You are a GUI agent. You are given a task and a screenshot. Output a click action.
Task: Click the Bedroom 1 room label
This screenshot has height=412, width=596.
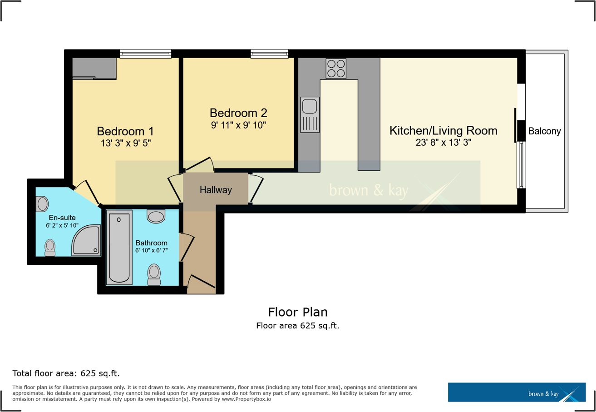(x=125, y=131)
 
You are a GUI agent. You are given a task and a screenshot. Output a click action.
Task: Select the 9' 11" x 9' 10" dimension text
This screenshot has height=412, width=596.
(x=238, y=125)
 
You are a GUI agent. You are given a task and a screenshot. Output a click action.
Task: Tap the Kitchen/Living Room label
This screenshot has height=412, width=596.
(x=443, y=131)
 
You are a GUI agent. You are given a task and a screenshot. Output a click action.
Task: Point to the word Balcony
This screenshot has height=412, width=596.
(x=544, y=131)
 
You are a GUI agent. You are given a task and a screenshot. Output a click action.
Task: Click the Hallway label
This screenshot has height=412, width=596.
(x=216, y=190)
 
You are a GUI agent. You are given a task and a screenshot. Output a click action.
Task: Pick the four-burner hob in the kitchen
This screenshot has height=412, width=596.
(x=336, y=69)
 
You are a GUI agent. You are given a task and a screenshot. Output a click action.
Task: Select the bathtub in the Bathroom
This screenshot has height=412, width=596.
(x=119, y=248)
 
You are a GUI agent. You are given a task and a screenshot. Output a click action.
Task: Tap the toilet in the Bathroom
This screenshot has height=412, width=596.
(x=154, y=275)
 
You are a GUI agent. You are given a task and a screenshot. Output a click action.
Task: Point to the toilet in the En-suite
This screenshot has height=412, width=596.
(x=50, y=248)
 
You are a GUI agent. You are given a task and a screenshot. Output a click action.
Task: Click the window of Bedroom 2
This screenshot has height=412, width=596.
(x=270, y=54)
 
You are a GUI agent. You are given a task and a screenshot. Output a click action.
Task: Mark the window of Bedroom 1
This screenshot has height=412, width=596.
(x=145, y=54)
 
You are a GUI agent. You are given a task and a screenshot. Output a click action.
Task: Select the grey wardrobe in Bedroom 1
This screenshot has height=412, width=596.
(x=94, y=68)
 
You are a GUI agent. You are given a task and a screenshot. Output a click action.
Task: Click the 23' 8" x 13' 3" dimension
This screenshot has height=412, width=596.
(x=443, y=143)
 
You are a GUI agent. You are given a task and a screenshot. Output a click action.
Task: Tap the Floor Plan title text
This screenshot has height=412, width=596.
(x=297, y=312)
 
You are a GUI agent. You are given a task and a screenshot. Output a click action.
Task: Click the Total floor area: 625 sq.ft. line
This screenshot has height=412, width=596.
(x=66, y=374)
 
